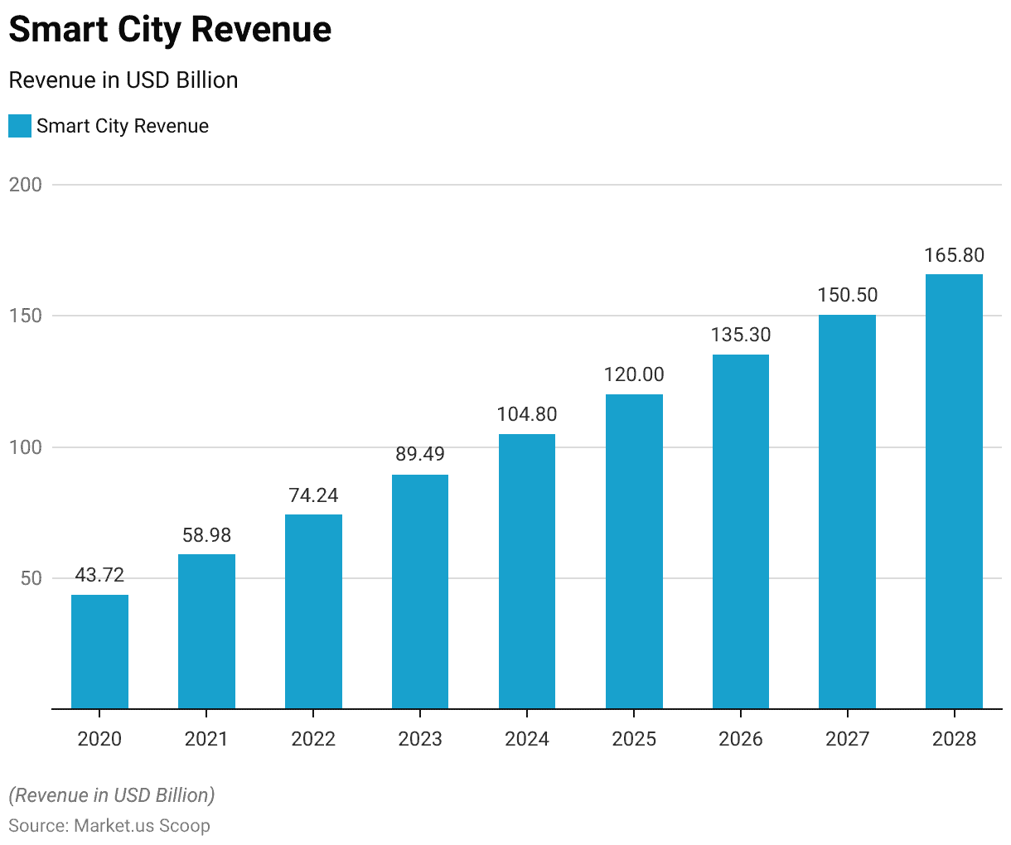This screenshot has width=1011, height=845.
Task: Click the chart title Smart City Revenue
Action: coord(170,30)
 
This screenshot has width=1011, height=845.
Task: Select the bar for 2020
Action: coord(99,652)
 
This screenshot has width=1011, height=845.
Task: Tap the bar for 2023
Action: coord(420,591)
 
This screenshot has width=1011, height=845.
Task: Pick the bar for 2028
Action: coord(954,491)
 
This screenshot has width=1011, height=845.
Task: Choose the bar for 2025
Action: coord(634,552)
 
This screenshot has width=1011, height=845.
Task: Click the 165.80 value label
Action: coord(954,255)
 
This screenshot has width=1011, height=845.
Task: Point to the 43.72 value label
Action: coord(99,575)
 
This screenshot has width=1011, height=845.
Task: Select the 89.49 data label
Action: coord(419,454)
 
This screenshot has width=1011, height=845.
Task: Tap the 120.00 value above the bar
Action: coord(634,374)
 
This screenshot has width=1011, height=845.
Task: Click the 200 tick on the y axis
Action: coord(26,185)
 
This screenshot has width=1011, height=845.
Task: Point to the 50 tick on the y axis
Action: coord(31,578)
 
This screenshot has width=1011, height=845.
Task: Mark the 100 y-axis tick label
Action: coord(26,447)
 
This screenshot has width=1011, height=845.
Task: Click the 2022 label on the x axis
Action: coord(313,739)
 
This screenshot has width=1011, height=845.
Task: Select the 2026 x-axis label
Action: coord(741,739)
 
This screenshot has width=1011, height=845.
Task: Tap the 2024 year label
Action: coord(527,739)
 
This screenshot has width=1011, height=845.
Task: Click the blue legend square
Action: coord(20,126)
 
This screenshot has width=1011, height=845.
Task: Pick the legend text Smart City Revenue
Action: coord(123,126)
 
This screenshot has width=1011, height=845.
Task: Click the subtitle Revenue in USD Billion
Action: coord(123,80)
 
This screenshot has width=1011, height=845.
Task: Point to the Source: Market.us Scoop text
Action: coord(109,826)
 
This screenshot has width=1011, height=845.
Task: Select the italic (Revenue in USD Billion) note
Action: coord(112,795)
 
